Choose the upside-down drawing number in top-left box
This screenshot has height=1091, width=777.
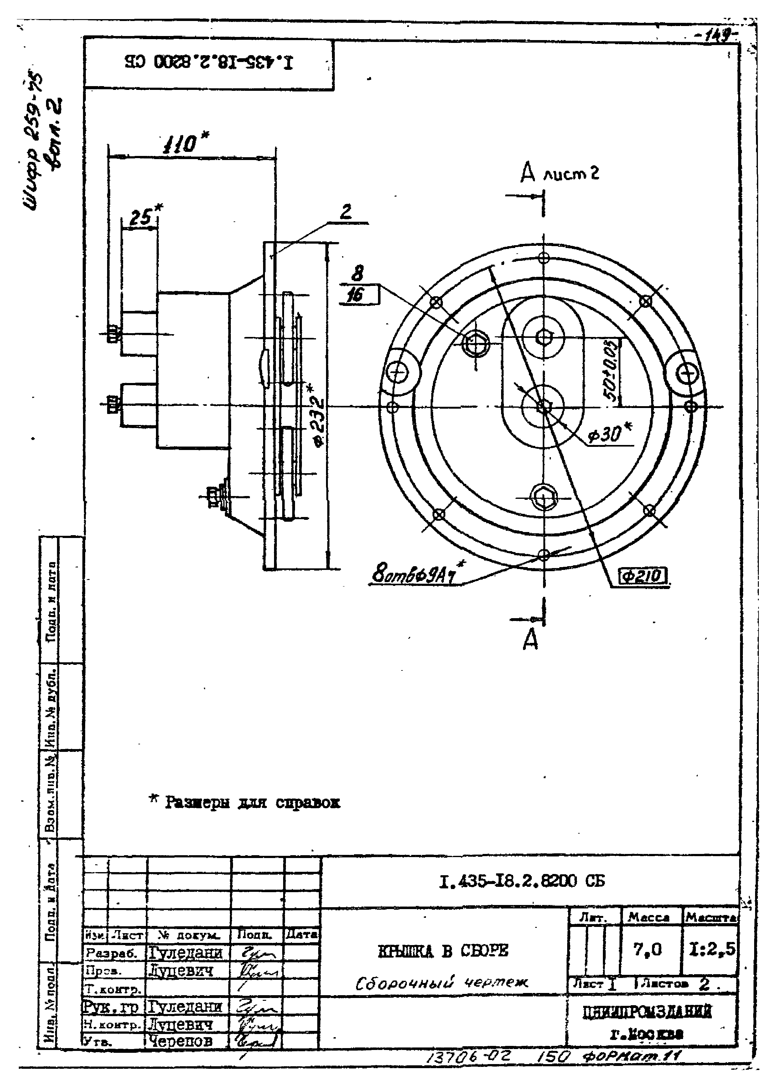209,62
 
